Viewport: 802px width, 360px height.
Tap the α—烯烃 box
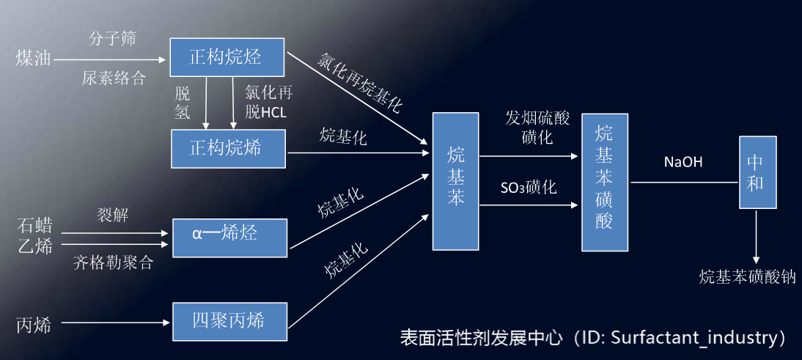[229, 237]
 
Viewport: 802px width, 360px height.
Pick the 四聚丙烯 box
[229, 321]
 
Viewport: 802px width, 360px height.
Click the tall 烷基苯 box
[455, 181]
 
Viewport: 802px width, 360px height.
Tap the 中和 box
[757, 173]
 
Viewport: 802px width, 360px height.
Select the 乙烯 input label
[34, 246]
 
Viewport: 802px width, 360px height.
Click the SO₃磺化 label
[528, 188]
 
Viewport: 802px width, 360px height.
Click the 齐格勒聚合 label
[113, 262]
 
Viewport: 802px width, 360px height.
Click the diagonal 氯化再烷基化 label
[359, 82]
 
